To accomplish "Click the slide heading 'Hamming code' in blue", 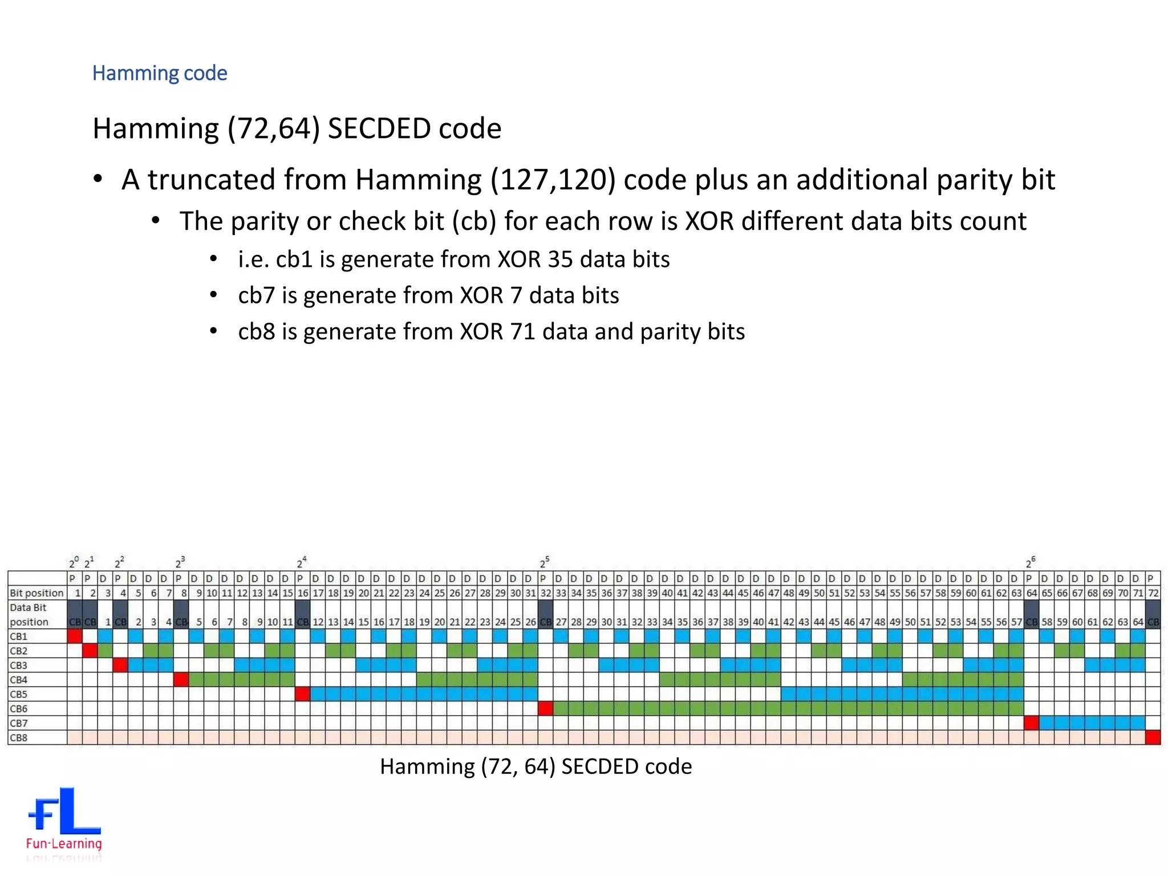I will click(160, 73).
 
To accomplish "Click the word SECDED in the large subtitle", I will click(371, 128).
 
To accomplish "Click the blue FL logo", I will click(64, 811).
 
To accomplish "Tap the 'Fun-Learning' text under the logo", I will click(64, 843).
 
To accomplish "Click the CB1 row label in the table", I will click(19, 636).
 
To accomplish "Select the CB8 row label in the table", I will click(19, 738).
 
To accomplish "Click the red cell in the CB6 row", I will click(546, 709).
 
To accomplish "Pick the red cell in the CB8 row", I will click(1153, 738).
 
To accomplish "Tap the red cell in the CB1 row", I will click(75, 636).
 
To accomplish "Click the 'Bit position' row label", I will click(36, 593).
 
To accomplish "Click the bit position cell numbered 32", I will click(546, 593).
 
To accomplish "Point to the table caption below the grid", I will click(536, 766).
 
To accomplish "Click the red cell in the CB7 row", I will click(1031, 723).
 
